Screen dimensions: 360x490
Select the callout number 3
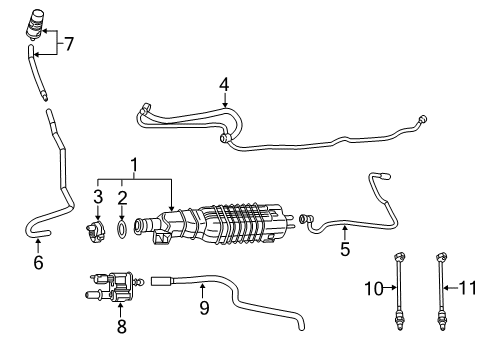(98, 196)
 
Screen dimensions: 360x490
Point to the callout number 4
(225, 85)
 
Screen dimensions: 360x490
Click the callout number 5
(345, 250)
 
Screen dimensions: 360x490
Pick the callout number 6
(38, 264)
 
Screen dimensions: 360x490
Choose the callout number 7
(69, 43)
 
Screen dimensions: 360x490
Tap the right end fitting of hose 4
(424, 121)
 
